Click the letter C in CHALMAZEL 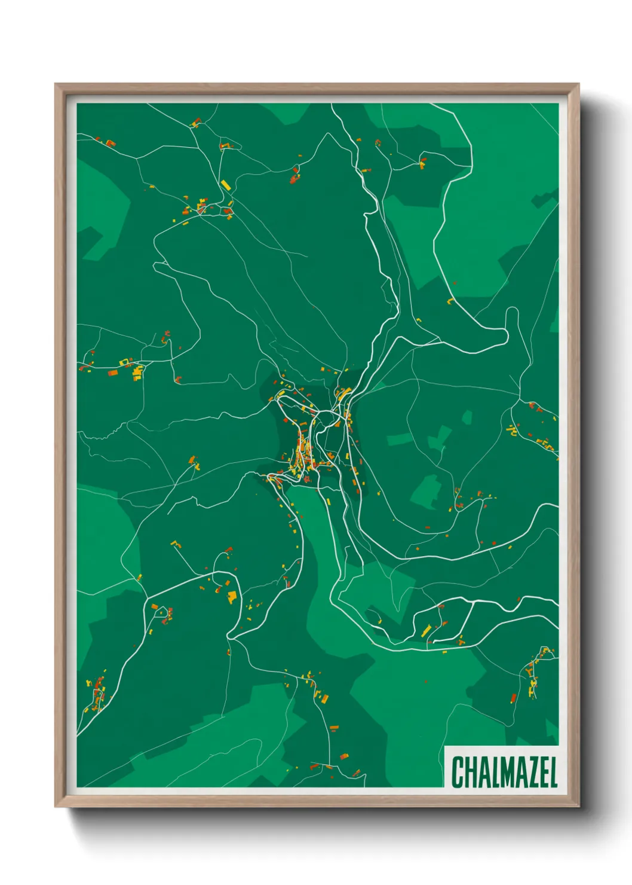458,772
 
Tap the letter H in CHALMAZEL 471,772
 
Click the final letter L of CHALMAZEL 553,772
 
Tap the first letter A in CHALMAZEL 483,772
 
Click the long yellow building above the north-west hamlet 225,185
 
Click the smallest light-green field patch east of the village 467,417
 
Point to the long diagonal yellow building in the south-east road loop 427,630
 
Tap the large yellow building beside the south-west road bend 232,596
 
